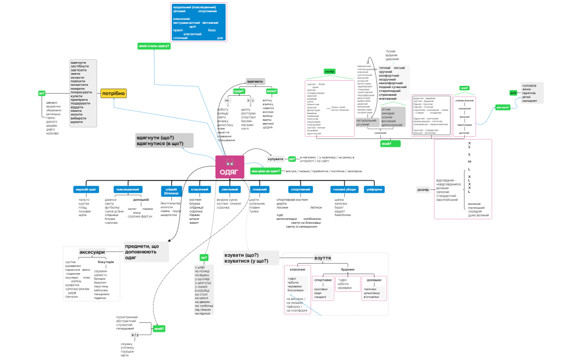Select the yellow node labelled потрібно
click(x=113, y=94)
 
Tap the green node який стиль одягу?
click(x=154, y=46)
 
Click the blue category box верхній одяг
click(x=86, y=189)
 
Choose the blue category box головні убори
click(x=343, y=189)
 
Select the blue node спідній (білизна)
click(x=169, y=191)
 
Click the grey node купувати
click(x=275, y=159)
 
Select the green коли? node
click(x=272, y=90)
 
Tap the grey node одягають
click(x=255, y=81)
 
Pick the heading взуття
click(x=323, y=258)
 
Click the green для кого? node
click(x=503, y=107)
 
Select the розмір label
click(x=423, y=189)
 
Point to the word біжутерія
click(x=105, y=261)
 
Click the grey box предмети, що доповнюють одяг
click(x=145, y=252)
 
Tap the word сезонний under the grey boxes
click(x=381, y=132)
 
